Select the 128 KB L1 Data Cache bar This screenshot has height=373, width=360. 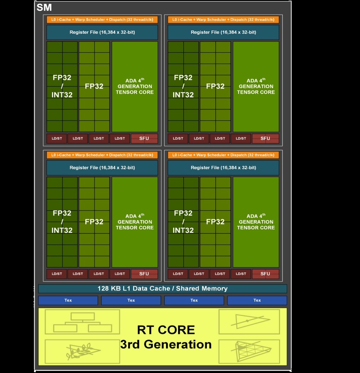(162, 288)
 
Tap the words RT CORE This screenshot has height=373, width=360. (166, 330)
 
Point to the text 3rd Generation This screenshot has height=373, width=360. (166, 344)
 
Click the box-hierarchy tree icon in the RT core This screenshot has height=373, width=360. (82, 322)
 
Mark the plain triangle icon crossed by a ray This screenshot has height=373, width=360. (249, 322)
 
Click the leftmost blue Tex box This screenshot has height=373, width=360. (68, 300)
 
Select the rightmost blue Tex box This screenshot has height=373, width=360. (257, 300)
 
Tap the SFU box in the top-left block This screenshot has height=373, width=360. (144, 138)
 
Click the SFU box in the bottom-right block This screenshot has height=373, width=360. (265, 274)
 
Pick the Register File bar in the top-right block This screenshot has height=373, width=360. (223, 32)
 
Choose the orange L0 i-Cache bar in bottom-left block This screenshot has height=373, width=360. (102, 155)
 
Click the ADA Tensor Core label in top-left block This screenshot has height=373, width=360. (135, 86)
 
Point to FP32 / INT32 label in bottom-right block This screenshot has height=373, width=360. (183, 222)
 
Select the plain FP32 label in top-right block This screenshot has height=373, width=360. (215, 86)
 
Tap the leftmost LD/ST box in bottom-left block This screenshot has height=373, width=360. (57, 274)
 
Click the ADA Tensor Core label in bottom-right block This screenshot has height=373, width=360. (256, 222)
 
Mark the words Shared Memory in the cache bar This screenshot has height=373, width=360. (202, 288)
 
